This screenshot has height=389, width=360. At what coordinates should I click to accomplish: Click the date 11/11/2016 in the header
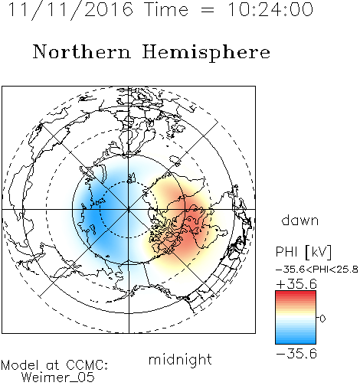[x=70, y=9]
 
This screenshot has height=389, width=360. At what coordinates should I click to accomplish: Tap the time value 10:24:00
[x=270, y=9]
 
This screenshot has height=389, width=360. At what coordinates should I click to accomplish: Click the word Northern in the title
[x=81, y=52]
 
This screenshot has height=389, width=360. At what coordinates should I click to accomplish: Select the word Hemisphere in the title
[x=206, y=53]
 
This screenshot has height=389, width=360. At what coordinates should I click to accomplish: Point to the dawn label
[x=299, y=220]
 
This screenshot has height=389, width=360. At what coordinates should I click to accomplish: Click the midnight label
[x=180, y=359]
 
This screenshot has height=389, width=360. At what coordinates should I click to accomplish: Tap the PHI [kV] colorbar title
[x=303, y=252]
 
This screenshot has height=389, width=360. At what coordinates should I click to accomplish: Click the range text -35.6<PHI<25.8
[x=317, y=270]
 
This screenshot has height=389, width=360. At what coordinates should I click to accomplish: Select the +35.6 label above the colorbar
[x=296, y=284]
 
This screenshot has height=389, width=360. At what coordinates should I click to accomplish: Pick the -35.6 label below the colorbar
[x=296, y=353]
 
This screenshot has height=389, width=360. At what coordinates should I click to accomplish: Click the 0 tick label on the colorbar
[x=322, y=319]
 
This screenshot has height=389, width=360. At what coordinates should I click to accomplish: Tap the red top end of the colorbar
[x=296, y=293]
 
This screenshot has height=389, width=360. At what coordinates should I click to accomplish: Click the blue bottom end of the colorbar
[x=296, y=342]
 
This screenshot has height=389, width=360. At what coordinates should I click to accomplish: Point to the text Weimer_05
[x=57, y=378]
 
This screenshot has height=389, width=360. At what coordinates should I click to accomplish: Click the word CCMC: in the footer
[x=87, y=365]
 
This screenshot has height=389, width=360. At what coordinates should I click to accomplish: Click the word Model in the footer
[x=20, y=365]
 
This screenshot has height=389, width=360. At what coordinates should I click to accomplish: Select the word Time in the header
[x=166, y=9]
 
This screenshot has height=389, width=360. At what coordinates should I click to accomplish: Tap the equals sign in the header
[x=207, y=10]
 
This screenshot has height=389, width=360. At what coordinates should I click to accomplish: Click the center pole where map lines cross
[x=129, y=210]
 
